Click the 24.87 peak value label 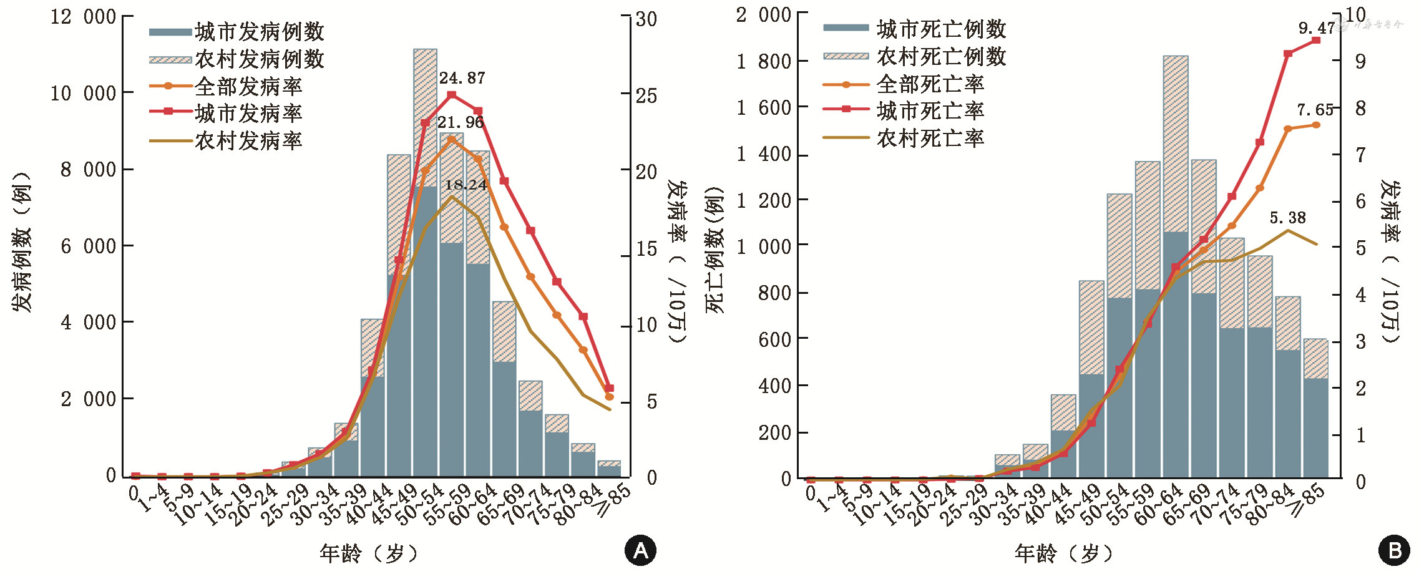point(462,79)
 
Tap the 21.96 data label point(461,123)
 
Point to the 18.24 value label point(466,185)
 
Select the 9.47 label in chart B point(1316,28)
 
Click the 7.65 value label point(1315,110)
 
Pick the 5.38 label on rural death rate point(1287,218)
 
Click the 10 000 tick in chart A point(83,94)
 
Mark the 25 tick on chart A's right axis point(646,95)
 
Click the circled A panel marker point(640,550)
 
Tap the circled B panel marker point(1394,550)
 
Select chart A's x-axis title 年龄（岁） point(368,553)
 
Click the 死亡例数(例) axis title point(714,250)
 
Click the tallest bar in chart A point(425,262)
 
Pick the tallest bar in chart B point(1175,268)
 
